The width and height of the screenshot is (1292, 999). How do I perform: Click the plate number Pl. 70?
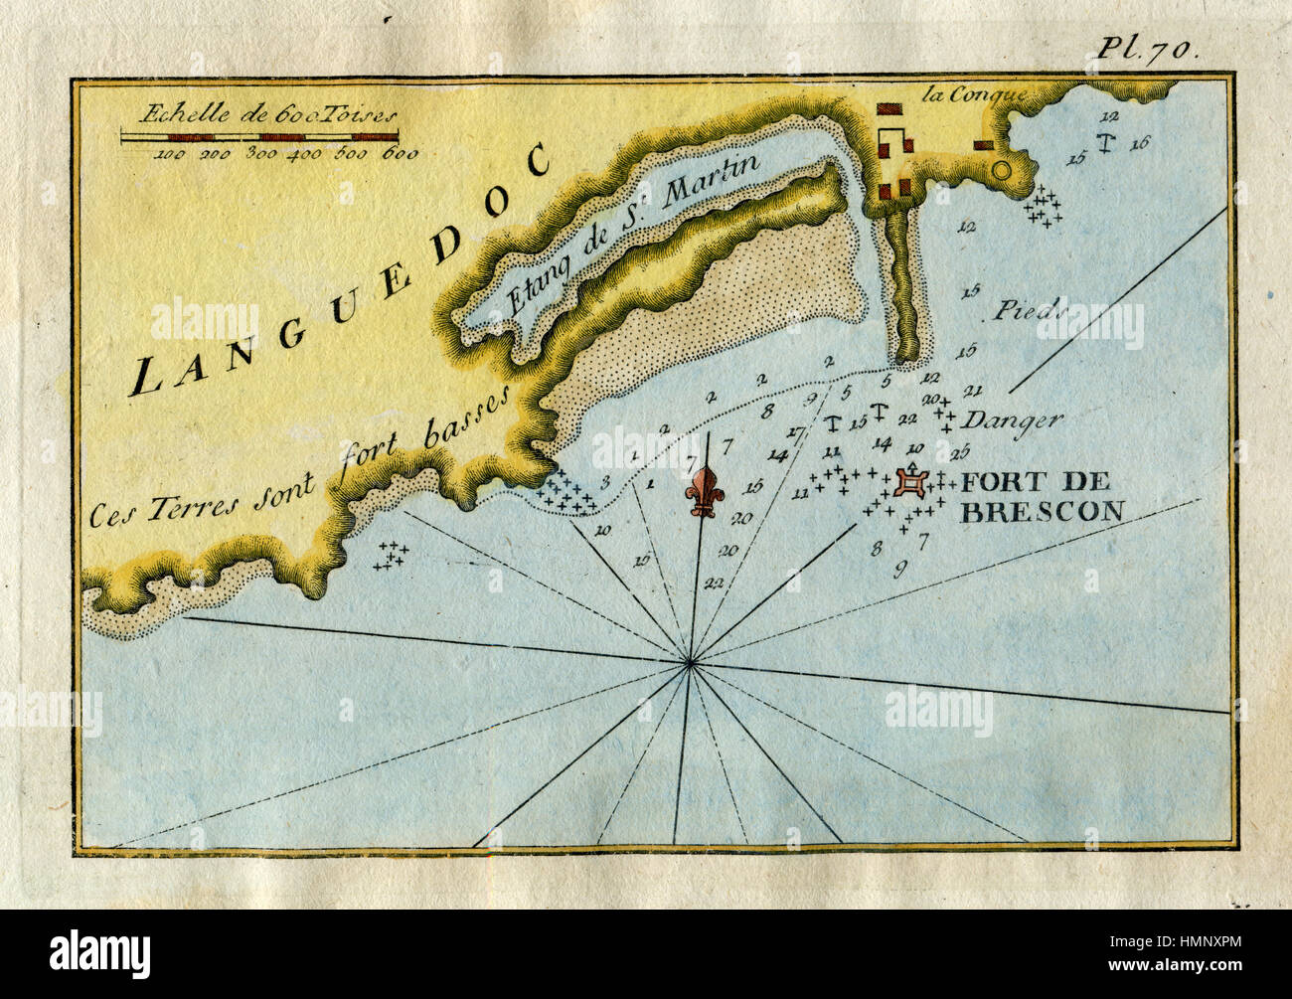point(1151,52)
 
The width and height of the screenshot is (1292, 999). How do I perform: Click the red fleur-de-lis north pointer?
point(707,489)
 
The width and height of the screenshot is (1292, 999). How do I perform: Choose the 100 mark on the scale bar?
point(170,154)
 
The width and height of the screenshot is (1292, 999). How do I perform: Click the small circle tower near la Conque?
point(1000,170)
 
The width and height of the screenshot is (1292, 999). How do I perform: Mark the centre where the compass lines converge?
point(691,662)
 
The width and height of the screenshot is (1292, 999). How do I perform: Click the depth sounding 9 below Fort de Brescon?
point(900,569)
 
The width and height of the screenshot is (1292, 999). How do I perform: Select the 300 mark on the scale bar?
point(261,154)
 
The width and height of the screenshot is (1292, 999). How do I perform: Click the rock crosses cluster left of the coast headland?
point(392,557)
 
